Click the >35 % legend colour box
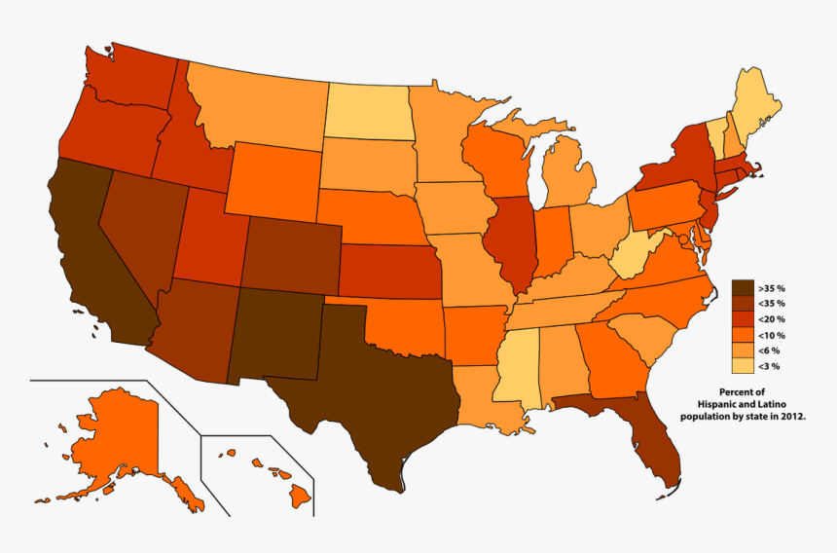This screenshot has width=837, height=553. [x=744, y=288]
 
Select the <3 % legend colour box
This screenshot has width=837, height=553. [x=744, y=366]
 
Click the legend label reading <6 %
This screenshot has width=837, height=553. [x=770, y=350]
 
